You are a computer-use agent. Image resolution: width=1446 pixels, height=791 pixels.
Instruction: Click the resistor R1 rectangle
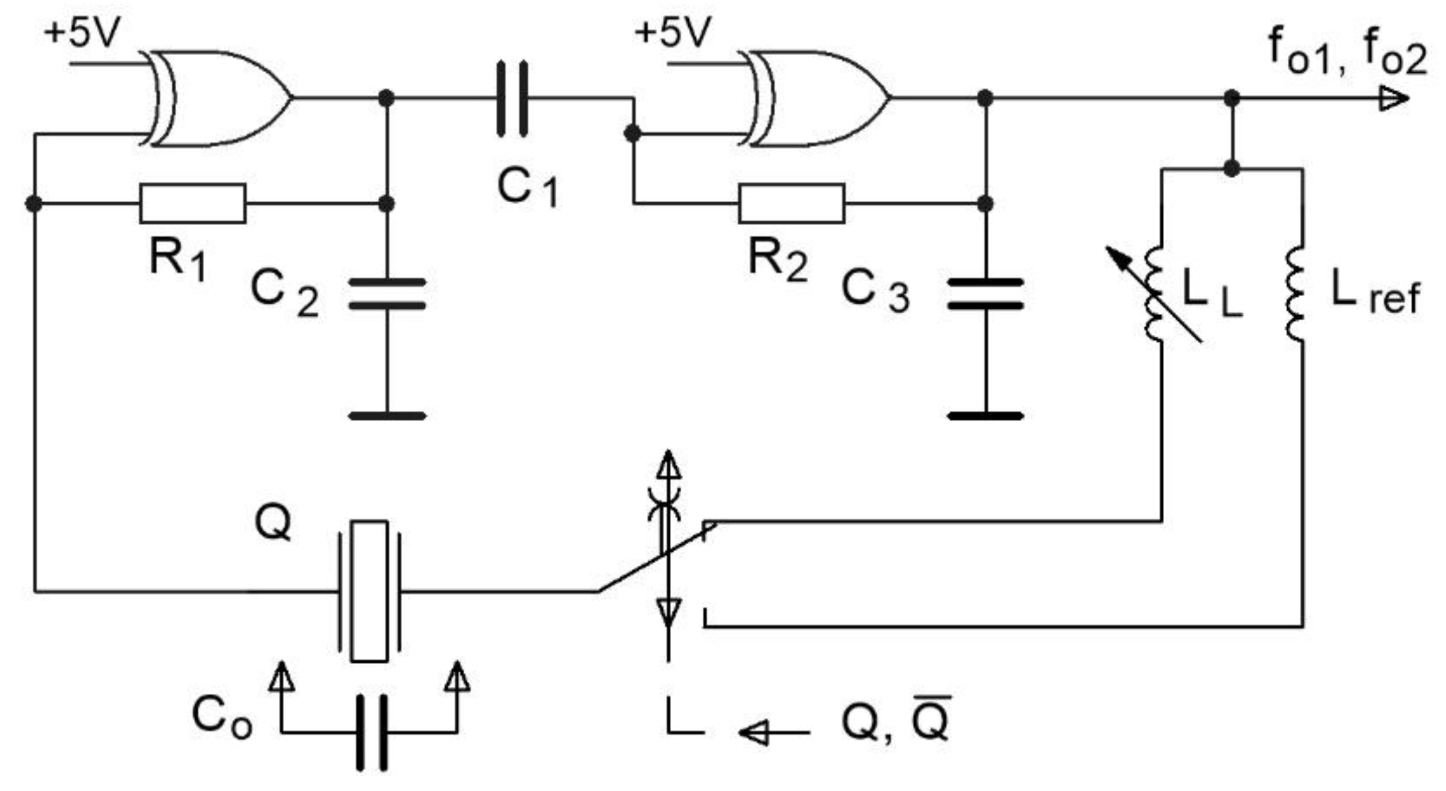[193, 203]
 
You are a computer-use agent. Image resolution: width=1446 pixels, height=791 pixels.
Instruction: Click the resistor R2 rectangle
[792, 203]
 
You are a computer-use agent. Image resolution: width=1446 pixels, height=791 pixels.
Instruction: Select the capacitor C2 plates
[387, 294]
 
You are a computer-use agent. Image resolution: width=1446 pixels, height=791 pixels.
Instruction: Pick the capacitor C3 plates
[985, 294]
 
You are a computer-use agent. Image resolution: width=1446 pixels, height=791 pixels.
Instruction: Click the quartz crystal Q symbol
[369, 591]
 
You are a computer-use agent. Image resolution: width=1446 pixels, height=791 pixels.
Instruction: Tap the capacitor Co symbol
[371, 732]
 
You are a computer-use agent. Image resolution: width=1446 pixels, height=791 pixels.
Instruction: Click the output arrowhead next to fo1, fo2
[1394, 99]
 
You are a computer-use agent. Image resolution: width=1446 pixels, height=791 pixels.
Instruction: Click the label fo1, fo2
[1346, 54]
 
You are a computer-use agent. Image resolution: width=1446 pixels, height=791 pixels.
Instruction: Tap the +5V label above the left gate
[82, 32]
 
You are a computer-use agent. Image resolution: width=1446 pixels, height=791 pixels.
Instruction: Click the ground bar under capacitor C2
[387, 416]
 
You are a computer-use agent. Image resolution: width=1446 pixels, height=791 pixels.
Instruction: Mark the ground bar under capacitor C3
[985, 416]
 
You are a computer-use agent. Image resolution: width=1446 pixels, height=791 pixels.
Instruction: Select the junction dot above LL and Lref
[1232, 168]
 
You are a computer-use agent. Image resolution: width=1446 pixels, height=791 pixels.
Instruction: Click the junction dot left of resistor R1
[34, 203]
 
